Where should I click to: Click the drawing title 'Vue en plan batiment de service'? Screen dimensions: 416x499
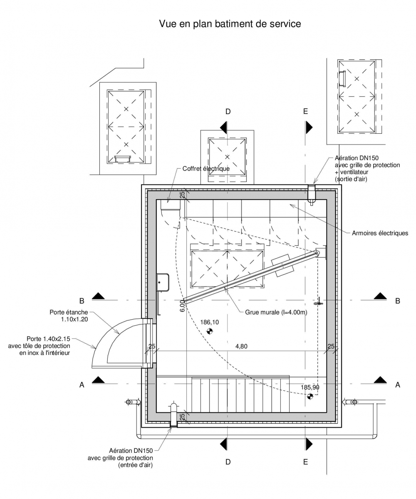(x=230, y=24)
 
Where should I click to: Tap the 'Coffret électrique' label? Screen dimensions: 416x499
(x=206, y=169)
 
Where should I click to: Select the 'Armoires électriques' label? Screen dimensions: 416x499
(x=380, y=233)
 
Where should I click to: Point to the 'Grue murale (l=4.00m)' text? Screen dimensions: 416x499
(x=276, y=312)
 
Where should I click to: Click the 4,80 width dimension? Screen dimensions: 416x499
(x=242, y=346)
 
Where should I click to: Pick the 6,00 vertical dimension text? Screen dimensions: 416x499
(x=183, y=306)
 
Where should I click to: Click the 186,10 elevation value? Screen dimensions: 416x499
(x=209, y=322)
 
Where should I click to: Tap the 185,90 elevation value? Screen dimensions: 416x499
(x=310, y=387)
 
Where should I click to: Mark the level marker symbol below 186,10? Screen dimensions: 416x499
(x=209, y=331)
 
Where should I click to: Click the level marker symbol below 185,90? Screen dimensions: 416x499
(x=310, y=396)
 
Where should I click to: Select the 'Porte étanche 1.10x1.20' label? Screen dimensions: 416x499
(x=69, y=316)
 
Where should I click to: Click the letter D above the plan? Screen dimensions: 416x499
(x=228, y=112)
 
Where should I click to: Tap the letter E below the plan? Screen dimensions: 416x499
(x=305, y=462)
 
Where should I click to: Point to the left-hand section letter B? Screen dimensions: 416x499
(x=82, y=301)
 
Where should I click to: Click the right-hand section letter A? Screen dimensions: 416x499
(x=398, y=385)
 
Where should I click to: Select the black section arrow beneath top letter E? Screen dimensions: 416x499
(x=309, y=127)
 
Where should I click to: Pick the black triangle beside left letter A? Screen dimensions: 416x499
(x=98, y=379)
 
